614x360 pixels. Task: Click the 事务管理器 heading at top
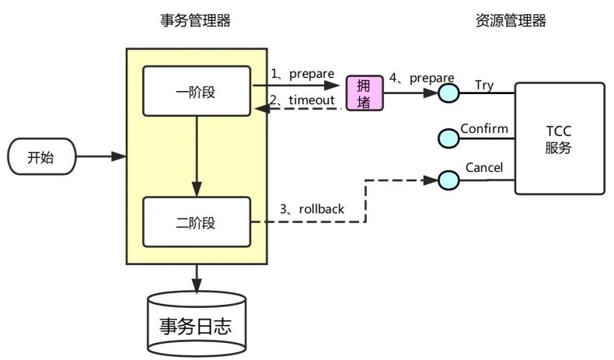point(195,21)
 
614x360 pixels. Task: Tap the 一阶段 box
point(196,93)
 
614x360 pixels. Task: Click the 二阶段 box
point(196,222)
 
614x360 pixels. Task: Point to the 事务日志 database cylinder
point(197,322)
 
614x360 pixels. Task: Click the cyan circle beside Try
point(448,93)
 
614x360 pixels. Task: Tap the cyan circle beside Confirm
point(448,138)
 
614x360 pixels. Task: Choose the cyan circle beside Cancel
point(448,180)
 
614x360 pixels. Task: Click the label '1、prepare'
point(302,74)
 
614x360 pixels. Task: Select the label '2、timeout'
point(302,100)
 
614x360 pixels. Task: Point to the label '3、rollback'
point(312,209)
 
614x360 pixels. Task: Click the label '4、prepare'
point(421,78)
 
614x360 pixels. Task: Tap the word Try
point(483,85)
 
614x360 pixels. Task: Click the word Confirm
point(483,128)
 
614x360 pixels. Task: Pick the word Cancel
point(483,167)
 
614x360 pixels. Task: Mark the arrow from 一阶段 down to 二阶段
point(197,156)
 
